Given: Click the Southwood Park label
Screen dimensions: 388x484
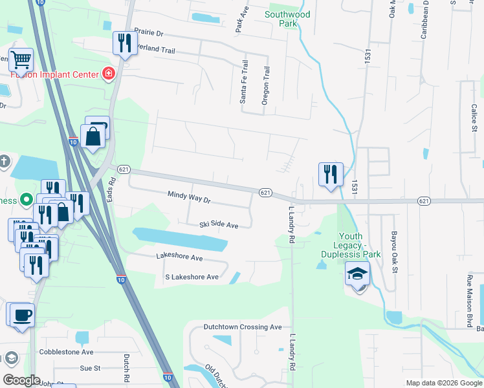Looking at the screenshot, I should pyautogui.click(x=288, y=19).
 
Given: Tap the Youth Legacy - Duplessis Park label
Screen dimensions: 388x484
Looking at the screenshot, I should pyautogui.click(x=358, y=246).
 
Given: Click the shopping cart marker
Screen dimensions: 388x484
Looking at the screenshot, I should pyautogui.click(x=21, y=60).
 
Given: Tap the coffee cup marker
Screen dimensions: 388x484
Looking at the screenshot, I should pyautogui.click(x=21, y=315).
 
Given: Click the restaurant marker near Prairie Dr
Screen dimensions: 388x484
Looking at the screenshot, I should pyautogui.click(x=124, y=43).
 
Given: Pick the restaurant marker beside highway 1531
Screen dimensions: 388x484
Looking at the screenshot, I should pyautogui.click(x=330, y=173).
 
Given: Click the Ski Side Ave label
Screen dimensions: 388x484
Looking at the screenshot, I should pyautogui.click(x=219, y=225).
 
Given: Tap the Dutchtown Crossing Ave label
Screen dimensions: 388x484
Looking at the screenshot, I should pyautogui.click(x=243, y=327).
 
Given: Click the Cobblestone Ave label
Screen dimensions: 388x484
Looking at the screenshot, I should pyautogui.click(x=66, y=352).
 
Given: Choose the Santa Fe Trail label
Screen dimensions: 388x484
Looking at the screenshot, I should pyautogui.click(x=244, y=81).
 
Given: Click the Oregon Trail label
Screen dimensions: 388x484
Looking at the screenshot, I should pyautogui.click(x=265, y=86).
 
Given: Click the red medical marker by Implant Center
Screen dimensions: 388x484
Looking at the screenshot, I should pyautogui.click(x=109, y=74).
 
